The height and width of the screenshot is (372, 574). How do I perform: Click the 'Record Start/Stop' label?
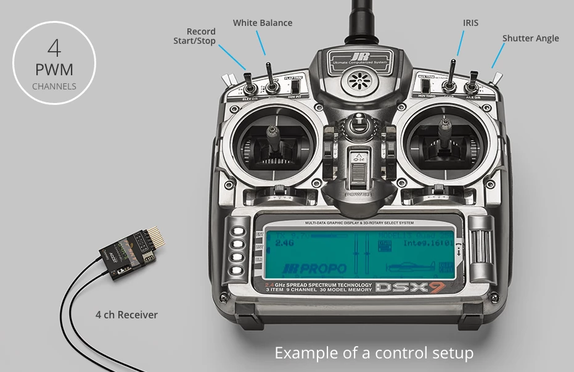coord(194,36)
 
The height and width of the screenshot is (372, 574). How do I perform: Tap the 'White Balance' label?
coord(263,23)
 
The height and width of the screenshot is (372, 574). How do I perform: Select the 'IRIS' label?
coord(470,23)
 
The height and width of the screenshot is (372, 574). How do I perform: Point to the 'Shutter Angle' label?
coord(530,38)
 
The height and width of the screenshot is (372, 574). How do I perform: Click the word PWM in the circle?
coord(54,69)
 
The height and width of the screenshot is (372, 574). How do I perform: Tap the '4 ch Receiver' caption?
coord(126,315)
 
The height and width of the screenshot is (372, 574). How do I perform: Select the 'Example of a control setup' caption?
coord(374,353)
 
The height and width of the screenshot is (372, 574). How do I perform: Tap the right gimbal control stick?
coord(443,133)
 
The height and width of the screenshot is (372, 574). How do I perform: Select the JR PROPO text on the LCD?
coord(314,268)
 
